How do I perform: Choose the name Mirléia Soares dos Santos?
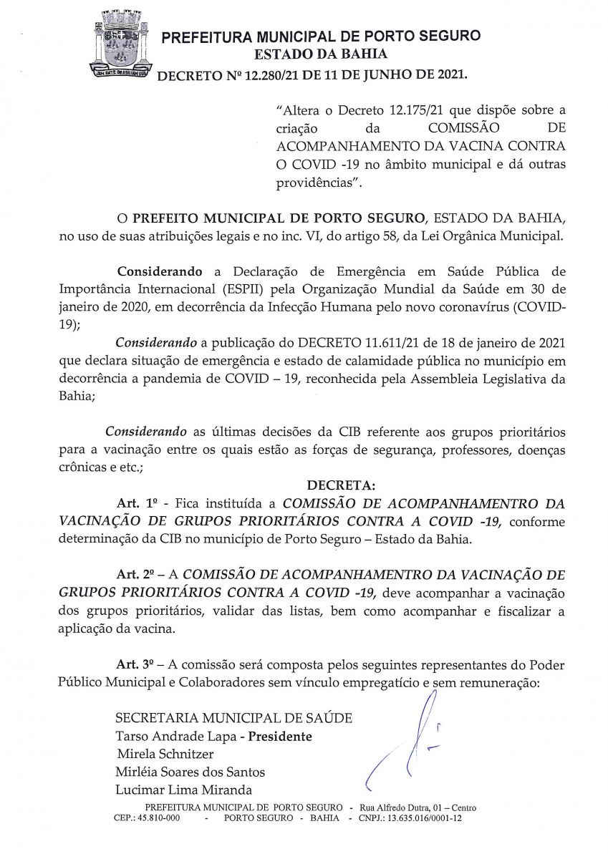coord(190,772)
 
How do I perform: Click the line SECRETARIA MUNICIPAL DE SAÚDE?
coord(233,717)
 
